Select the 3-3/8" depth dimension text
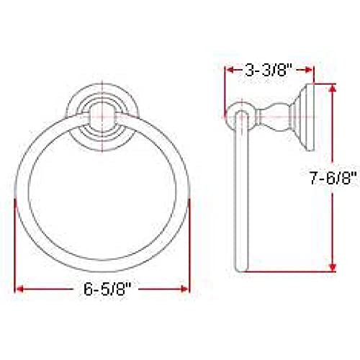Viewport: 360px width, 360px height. point(269,71)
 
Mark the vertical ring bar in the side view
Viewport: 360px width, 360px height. point(240,194)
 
